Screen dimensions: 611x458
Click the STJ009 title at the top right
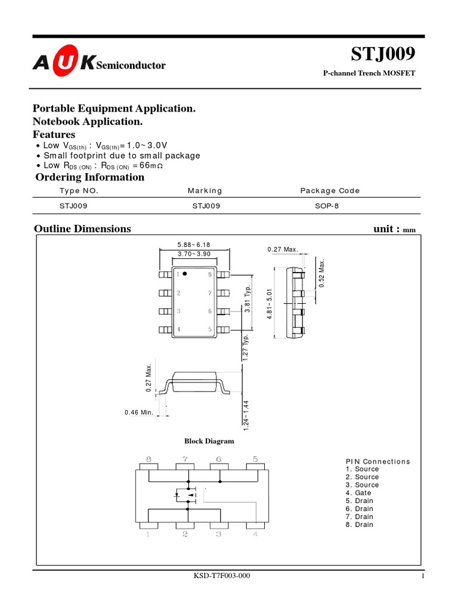(x=382, y=54)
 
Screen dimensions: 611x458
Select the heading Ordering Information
(x=90, y=177)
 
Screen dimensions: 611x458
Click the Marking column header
(x=205, y=191)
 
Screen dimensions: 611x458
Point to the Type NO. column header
(x=79, y=191)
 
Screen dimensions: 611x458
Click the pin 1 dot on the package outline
(x=185, y=274)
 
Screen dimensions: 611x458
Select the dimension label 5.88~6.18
(x=194, y=245)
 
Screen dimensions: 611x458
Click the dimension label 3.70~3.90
(x=194, y=254)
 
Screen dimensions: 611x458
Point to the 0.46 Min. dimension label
(x=140, y=412)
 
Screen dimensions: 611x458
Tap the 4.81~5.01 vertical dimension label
(x=270, y=304)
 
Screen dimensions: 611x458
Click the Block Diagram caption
(x=209, y=442)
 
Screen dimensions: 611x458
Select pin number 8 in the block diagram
(x=148, y=459)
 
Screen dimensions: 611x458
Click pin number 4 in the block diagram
(x=255, y=535)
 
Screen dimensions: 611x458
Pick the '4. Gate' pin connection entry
(x=358, y=493)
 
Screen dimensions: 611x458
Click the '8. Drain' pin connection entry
(x=360, y=524)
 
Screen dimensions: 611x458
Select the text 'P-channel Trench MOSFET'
(x=369, y=73)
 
